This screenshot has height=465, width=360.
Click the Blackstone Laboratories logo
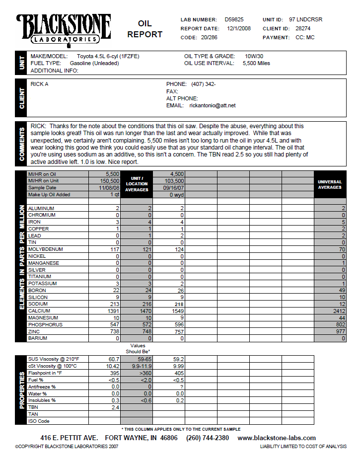(63, 28)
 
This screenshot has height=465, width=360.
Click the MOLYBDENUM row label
(46, 249)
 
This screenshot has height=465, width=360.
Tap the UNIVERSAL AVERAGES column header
(330, 184)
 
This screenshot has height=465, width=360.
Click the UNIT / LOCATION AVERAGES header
(137, 184)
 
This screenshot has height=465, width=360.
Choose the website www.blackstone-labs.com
(277, 438)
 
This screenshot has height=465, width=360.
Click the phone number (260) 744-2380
(208, 438)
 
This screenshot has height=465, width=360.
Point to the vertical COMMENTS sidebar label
(22, 144)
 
